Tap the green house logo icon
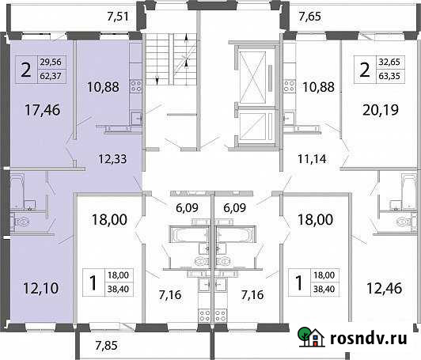pyautogui.click(x=314, y=338)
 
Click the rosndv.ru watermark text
pyautogui.click(x=370, y=339)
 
